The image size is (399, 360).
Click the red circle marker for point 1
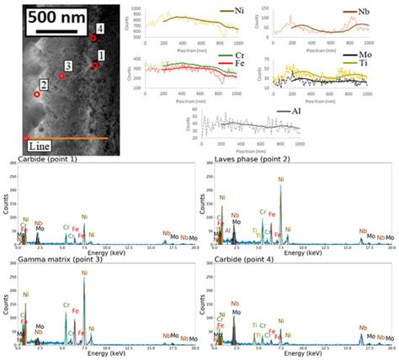coord(95,65)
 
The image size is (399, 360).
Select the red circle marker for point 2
coord(36,95)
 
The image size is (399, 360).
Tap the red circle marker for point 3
coord(61,76)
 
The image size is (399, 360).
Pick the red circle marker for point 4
coord(93,38)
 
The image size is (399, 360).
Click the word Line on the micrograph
coord(40,146)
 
